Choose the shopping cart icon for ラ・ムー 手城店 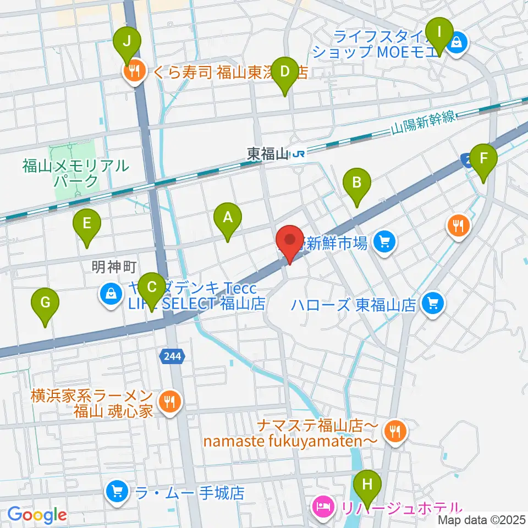(116, 491)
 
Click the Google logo (37, 515)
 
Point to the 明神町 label (114, 267)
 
